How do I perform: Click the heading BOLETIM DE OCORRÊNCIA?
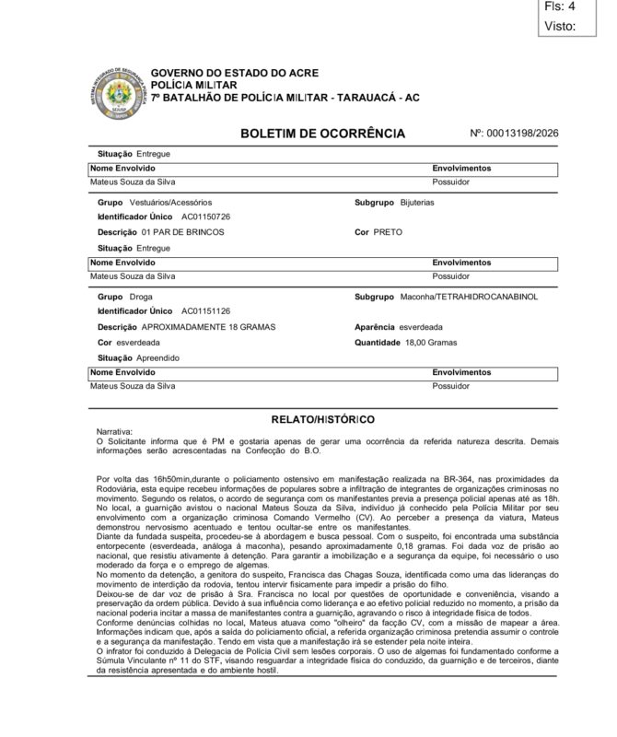point(321,135)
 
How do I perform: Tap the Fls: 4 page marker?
point(561,6)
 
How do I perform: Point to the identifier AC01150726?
point(205,216)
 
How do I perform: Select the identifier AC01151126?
point(205,312)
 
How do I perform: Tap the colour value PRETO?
point(388,232)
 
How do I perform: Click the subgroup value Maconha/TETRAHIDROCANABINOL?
point(469,297)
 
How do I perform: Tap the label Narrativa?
point(114,430)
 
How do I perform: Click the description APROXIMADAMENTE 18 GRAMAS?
point(208,327)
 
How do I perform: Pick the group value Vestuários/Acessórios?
point(170,201)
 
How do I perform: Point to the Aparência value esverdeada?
point(421,327)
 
